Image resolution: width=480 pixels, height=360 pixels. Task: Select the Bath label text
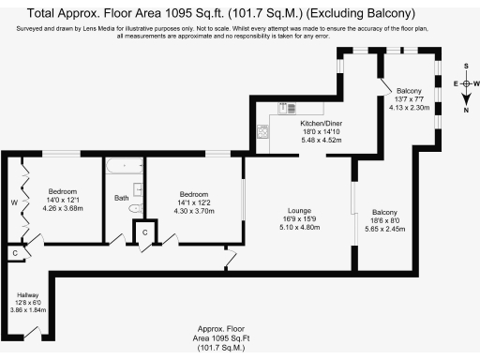(x=121, y=198)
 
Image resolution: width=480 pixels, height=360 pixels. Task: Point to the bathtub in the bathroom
(x=124, y=167)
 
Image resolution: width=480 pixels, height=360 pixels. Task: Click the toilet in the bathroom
(x=134, y=207)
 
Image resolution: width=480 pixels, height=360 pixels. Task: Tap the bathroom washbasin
(x=138, y=188)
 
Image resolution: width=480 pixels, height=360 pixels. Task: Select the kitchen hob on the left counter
(x=261, y=134)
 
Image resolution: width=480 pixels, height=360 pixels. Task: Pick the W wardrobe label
(x=14, y=202)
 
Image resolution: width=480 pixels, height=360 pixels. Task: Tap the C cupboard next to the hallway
(x=14, y=253)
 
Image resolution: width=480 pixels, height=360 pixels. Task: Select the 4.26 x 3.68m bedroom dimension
(x=62, y=209)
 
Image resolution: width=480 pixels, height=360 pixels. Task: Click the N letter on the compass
(x=466, y=111)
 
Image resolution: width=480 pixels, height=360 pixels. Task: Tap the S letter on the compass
(x=466, y=67)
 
